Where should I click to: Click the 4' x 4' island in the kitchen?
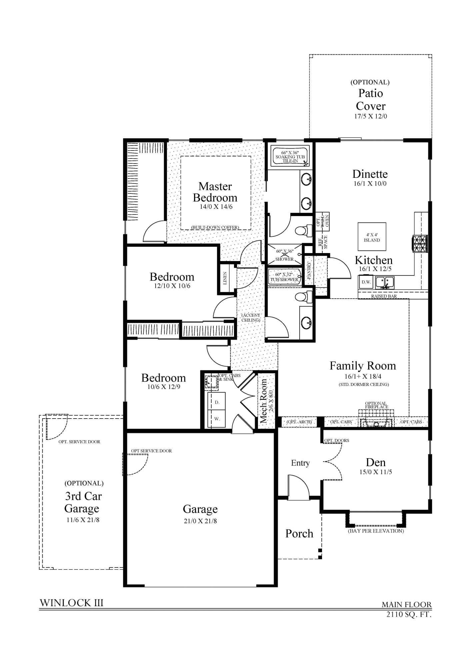pyautogui.click(x=372, y=237)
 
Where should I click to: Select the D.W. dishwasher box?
pyautogui.click(x=366, y=282)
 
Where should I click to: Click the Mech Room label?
pyautogui.click(x=264, y=401)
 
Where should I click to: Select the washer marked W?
pyautogui.click(x=217, y=419)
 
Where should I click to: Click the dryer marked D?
pyautogui.click(x=217, y=402)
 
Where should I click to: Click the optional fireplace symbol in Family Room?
pyautogui.click(x=376, y=420)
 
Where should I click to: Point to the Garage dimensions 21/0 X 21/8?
pyautogui.click(x=200, y=521)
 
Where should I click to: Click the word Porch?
pyautogui.click(x=299, y=534)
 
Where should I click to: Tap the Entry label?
pyautogui.click(x=300, y=463)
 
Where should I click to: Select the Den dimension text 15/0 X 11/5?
pyautogui.click(x=376, y=472)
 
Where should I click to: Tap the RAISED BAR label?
pyautogui.click(x=384, y=296)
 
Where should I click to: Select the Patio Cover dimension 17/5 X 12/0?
pyautogui.click(x=370, y=116)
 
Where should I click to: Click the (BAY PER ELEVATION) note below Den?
pyautogui.click(x=376, y=531)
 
